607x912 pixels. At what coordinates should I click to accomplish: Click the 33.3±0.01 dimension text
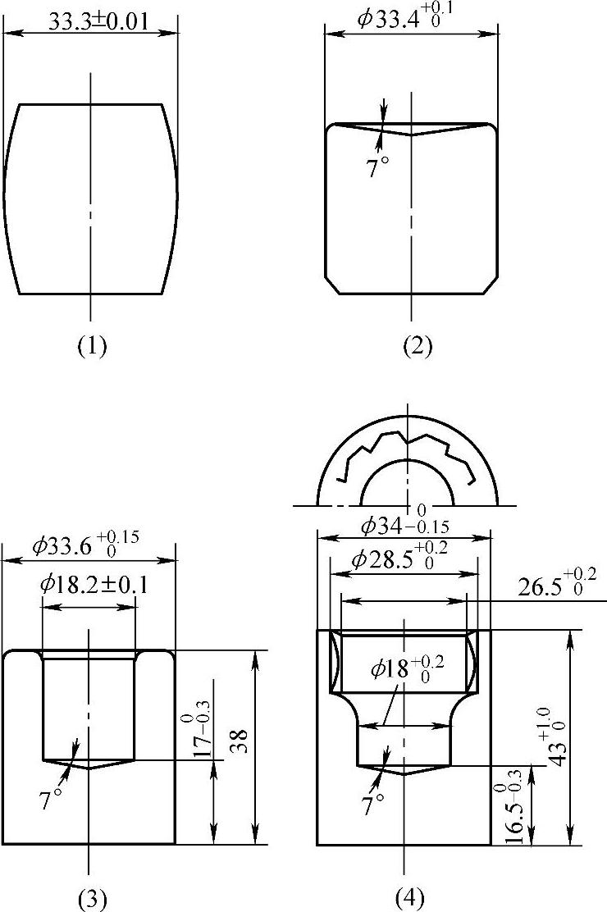[98, 21]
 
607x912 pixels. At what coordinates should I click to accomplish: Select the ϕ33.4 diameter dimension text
[406, 18]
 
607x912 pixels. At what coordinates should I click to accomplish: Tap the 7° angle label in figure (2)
[377, 168]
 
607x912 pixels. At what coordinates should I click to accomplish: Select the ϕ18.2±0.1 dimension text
[94, 584]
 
